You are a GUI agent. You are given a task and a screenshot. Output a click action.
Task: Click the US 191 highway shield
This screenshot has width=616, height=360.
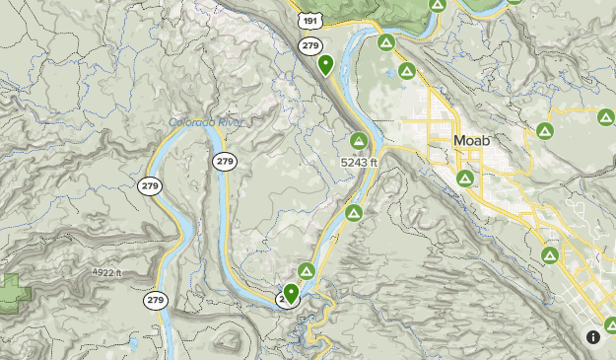click(x=311, y=21)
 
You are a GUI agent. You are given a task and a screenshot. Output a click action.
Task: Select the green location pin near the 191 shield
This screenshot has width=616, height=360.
click(x=326, y=65)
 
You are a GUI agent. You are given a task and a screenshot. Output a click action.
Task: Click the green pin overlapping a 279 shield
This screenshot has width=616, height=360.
click(x=291, y=292)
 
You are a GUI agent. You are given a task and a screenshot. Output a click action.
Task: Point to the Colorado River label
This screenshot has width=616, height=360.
click(x=205, y=122)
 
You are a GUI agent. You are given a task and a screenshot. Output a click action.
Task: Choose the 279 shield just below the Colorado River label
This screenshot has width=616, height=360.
click(x=225, y=161)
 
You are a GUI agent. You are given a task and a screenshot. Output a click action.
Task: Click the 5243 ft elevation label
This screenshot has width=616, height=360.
click(x=360, y=162)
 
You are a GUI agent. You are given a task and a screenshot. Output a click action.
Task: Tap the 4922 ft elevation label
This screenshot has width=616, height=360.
click(x=103, y=273)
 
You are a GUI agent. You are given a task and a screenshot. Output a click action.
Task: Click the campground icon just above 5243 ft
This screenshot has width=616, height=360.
click(x=358, y=141)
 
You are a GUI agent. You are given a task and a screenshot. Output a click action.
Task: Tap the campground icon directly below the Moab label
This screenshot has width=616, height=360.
click(x=464, y=179)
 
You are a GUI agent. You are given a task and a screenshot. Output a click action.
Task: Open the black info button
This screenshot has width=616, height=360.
click(x=593, y=336)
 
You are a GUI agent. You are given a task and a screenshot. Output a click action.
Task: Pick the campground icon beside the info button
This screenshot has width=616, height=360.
click(x=610, y=324)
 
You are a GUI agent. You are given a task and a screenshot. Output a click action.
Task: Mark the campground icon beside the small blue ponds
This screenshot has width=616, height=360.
click(x=406, y=72)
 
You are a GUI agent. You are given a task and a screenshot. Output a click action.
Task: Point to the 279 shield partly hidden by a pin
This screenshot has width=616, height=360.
click(x=284, y=297)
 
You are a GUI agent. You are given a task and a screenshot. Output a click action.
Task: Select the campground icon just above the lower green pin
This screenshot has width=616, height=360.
click(x=307, y=270)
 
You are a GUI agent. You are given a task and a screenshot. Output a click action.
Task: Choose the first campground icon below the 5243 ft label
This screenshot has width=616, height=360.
click(x=353, y=213)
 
